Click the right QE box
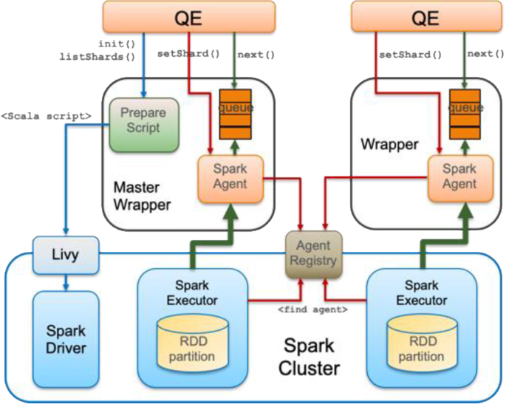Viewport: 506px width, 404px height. coord(425,17)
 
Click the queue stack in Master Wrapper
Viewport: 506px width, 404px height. coord(236,115)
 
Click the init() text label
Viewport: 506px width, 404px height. coord(117,44)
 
